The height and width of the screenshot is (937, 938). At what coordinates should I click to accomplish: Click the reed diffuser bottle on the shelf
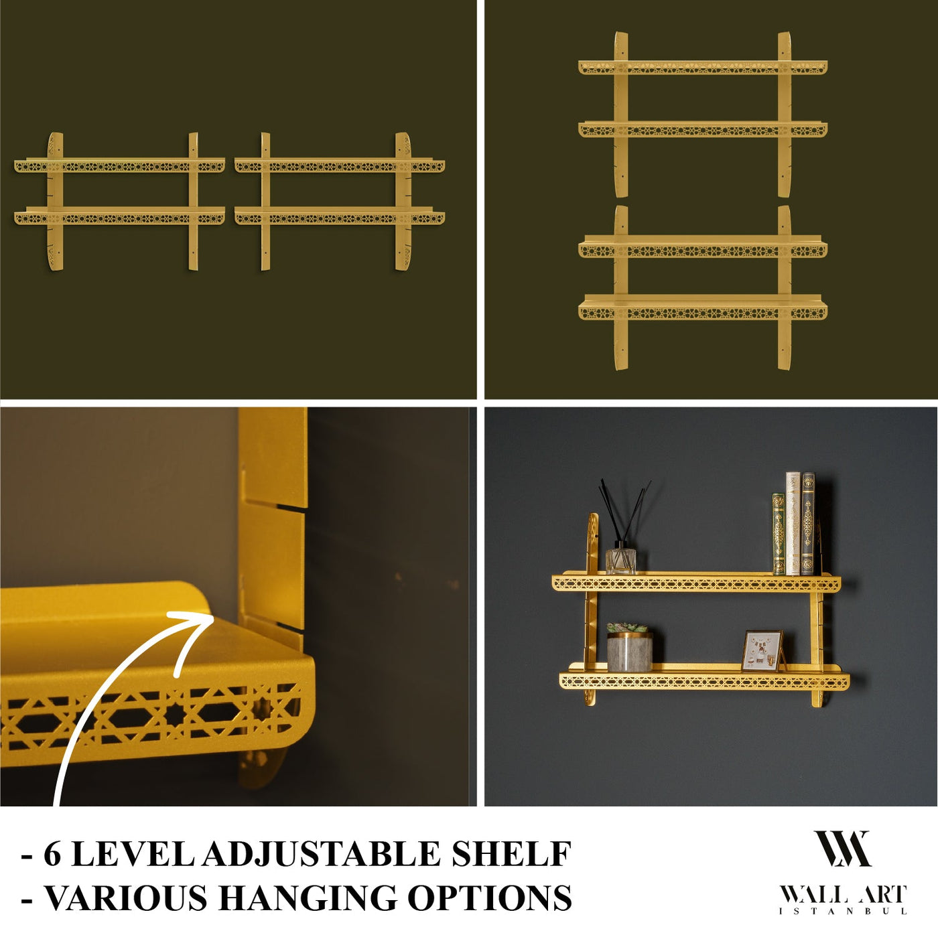620,561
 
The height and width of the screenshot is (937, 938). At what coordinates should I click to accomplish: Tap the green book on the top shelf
778,534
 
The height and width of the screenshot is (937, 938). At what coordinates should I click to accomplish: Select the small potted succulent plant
628,647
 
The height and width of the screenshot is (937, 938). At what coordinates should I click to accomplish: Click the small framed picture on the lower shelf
762,650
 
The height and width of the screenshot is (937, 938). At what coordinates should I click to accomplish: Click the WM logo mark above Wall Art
842,849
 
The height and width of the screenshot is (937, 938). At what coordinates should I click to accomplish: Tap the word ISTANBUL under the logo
843,911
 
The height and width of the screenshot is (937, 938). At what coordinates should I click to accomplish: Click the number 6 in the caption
52,854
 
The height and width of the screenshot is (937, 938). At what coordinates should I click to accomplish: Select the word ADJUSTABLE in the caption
321,854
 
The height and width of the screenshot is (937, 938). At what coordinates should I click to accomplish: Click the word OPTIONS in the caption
490,898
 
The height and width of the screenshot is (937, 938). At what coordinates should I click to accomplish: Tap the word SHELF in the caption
511,854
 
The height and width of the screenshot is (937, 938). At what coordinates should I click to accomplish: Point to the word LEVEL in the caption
131,854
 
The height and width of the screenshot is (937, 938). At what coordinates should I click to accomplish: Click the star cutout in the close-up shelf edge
176,714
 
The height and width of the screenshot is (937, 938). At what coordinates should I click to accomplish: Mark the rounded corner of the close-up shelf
301,670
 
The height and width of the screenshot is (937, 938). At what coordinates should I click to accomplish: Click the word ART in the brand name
881,895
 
